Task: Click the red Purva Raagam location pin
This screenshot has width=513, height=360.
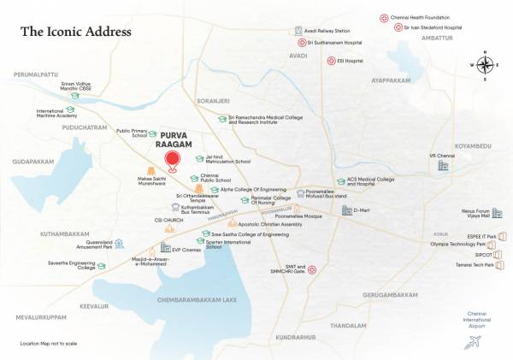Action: pos(174,161)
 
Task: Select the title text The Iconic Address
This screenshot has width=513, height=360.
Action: pos(76,32)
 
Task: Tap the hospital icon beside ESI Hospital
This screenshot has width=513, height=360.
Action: pos(331,61)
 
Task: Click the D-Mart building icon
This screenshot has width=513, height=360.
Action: pos(335,210)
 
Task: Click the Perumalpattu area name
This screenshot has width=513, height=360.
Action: pos(39,75)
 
